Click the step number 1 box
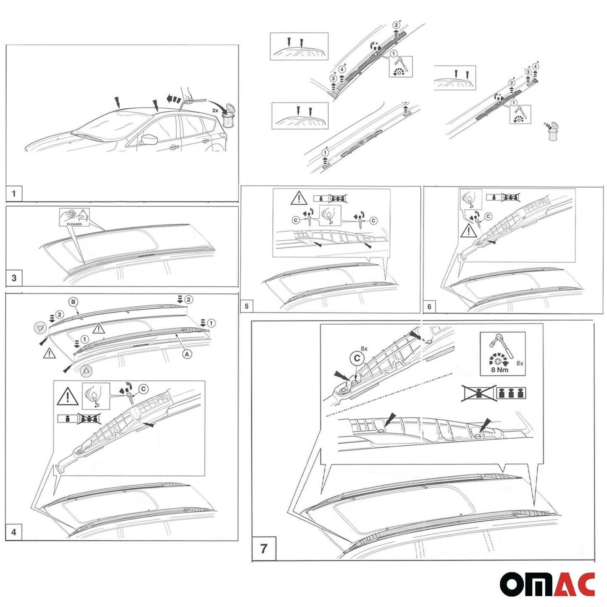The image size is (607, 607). [14, 194]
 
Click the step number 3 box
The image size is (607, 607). [14, 278]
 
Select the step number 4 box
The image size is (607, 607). [14, 532]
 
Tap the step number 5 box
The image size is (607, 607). [247, 306]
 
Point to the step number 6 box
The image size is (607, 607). [429, 307]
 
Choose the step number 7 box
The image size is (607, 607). [263, 549]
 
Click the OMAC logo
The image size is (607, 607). [547, 584]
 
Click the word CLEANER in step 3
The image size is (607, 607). [74, 224]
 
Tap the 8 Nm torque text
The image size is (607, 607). [499, 370]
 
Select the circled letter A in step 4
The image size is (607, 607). [187, 354]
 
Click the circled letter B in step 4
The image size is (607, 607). [74, 302]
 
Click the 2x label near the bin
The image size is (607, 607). [215, 110]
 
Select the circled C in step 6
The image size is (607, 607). [488, 216]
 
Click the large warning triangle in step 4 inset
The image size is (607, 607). [68, 397]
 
